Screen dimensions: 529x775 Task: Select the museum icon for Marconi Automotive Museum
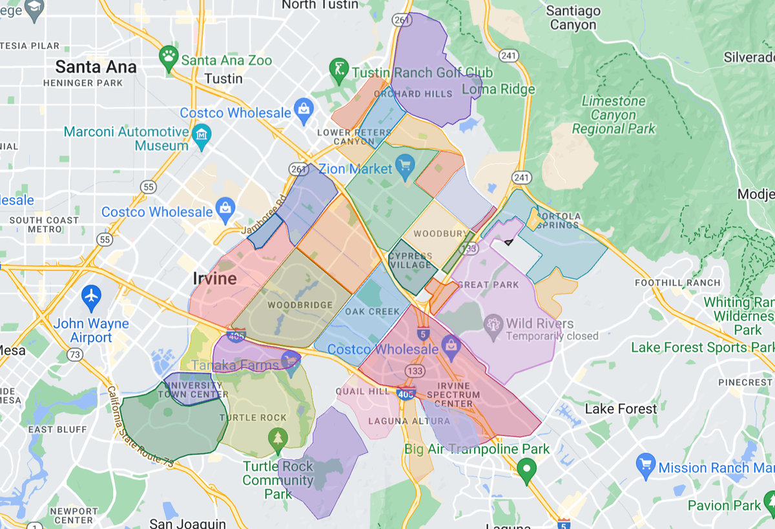click(202, 134)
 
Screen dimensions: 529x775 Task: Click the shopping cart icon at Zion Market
click(405, 165)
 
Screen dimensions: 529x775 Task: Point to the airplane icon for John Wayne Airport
click(92, 297)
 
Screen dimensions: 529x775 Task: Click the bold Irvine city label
click(214, 279)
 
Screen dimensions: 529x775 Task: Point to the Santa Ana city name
click(96, 67)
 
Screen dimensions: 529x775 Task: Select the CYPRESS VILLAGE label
click(411, 261)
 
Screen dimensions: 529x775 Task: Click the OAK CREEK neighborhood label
click(372, 312)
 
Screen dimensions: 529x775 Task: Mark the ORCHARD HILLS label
click(422, 94)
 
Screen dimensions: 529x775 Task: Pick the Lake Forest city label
click(621, 409)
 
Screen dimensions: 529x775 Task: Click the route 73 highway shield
click(75, 354)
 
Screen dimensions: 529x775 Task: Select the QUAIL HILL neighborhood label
click(362, 391)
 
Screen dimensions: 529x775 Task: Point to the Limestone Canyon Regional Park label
click(614, 115)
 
